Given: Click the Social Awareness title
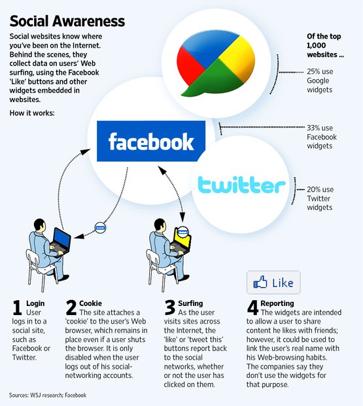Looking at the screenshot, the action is (x=67, y=21).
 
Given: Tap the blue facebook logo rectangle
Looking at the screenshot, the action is (x=151, y=141).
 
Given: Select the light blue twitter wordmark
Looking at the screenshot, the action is (x=241, y=184).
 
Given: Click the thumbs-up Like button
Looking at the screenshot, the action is (x=273, y=282).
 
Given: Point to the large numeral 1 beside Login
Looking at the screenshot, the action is (x=17, y=308).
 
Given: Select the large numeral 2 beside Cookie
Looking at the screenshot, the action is (x=71, y=307).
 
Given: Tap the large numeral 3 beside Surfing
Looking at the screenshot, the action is (x=170, y=308).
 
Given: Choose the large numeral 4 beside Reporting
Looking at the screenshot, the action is (x=252, y=308).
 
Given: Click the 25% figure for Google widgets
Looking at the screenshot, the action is (x=313, y=71).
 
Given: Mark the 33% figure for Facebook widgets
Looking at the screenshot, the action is (x=313, y=128).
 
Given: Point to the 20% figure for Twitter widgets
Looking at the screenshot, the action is (x=313, y=190).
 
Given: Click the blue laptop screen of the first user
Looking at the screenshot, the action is (x=62, y=238).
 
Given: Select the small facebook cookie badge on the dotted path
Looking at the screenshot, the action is (x=100, y=228).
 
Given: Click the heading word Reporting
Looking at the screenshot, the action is (x=277, y=303).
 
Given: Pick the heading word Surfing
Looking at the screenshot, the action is (x=190, y=303).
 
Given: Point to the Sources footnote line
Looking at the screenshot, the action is (x=48, y=395).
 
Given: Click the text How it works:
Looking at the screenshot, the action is (x=32, y=113).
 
